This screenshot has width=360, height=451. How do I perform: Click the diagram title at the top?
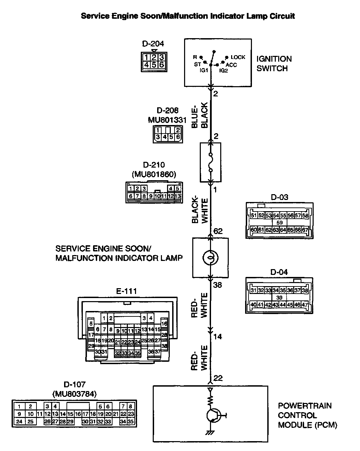point(188,16)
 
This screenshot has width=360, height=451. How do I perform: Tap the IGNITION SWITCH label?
point(274,63)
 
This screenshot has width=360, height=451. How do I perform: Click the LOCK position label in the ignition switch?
point(238,57)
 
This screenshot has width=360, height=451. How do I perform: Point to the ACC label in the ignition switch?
point(231,65)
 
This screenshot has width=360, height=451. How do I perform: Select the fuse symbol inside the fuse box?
point(211,162)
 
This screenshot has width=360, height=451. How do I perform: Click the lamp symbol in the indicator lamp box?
point(210,258)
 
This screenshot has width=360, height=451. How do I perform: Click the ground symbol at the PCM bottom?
point(210,433)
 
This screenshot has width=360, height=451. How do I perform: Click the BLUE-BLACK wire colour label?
point(199,115)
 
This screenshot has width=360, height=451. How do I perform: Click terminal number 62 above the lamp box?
point(218,231)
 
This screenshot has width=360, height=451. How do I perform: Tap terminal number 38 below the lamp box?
point(217,285)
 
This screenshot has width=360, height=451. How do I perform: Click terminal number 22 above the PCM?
point(218,378)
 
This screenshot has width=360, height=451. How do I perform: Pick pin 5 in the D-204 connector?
point(154,64)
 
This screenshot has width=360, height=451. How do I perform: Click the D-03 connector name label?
point(280,197)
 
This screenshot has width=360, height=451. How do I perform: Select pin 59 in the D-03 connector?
point(280,222)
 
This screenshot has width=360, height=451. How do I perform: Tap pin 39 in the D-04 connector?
point(279,298)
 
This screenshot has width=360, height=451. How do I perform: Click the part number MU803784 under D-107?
point(74,394)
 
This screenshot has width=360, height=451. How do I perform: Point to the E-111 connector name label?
point(126,291)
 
